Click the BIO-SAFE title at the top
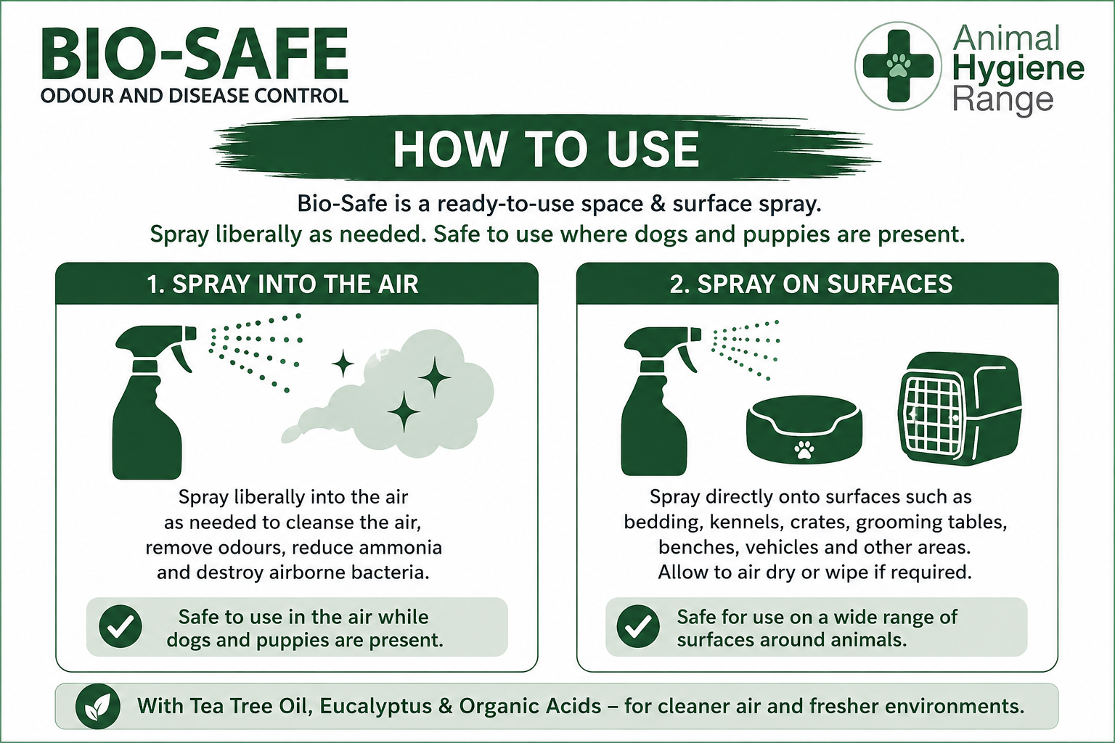(194, 54)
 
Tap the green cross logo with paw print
(898, 66)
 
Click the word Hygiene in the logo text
(1018, 69)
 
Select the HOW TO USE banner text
(546, 149)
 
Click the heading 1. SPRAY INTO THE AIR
(282, 284)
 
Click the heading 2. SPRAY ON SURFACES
(811, 284)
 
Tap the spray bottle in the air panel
(155, 402)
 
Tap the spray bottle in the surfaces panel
(662, 401)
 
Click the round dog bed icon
(804, 430)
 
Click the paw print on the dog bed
(804, 450)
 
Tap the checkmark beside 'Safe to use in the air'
(121, 627)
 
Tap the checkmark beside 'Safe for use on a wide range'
(638, 626)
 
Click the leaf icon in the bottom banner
(97, 706)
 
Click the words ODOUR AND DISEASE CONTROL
(194, 96)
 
